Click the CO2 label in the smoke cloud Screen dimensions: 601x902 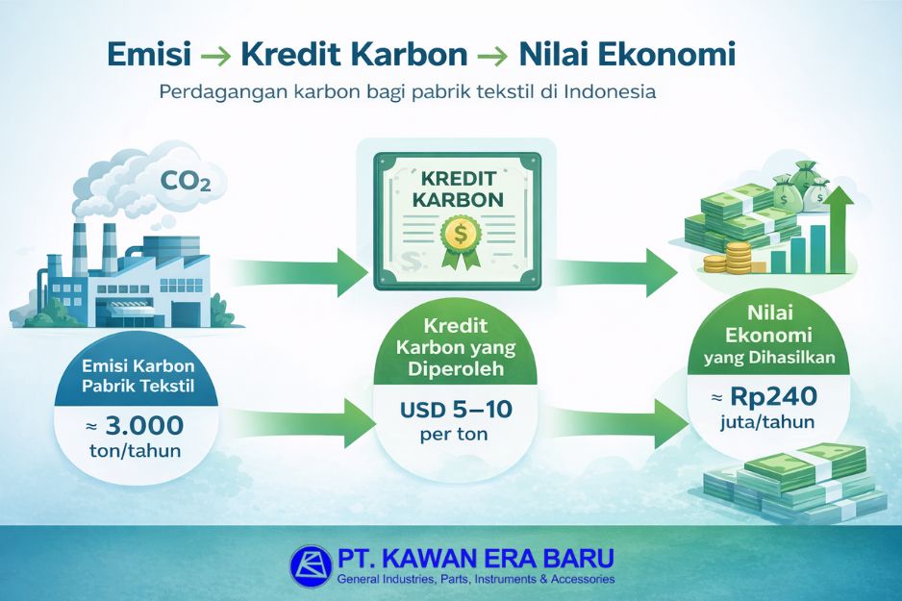tap(187, 179)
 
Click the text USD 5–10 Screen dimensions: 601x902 tap(456, 410)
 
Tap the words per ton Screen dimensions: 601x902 tap(456, 435)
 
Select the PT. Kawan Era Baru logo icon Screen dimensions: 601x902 tap(310, 566)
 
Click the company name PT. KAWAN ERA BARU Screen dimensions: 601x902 tap(475, 558)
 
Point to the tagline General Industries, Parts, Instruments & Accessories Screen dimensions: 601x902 tap(475, 579)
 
